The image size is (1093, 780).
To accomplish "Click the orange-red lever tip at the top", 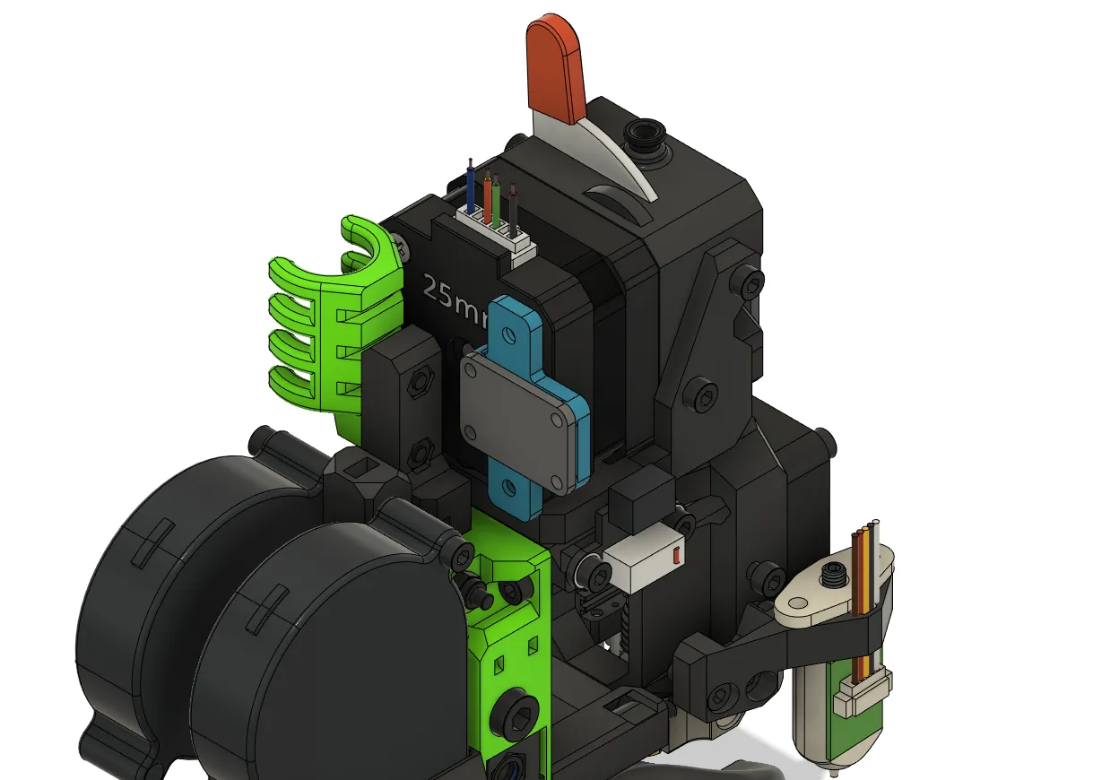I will point(556,67).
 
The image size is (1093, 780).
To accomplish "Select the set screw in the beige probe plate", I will point(836,575).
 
